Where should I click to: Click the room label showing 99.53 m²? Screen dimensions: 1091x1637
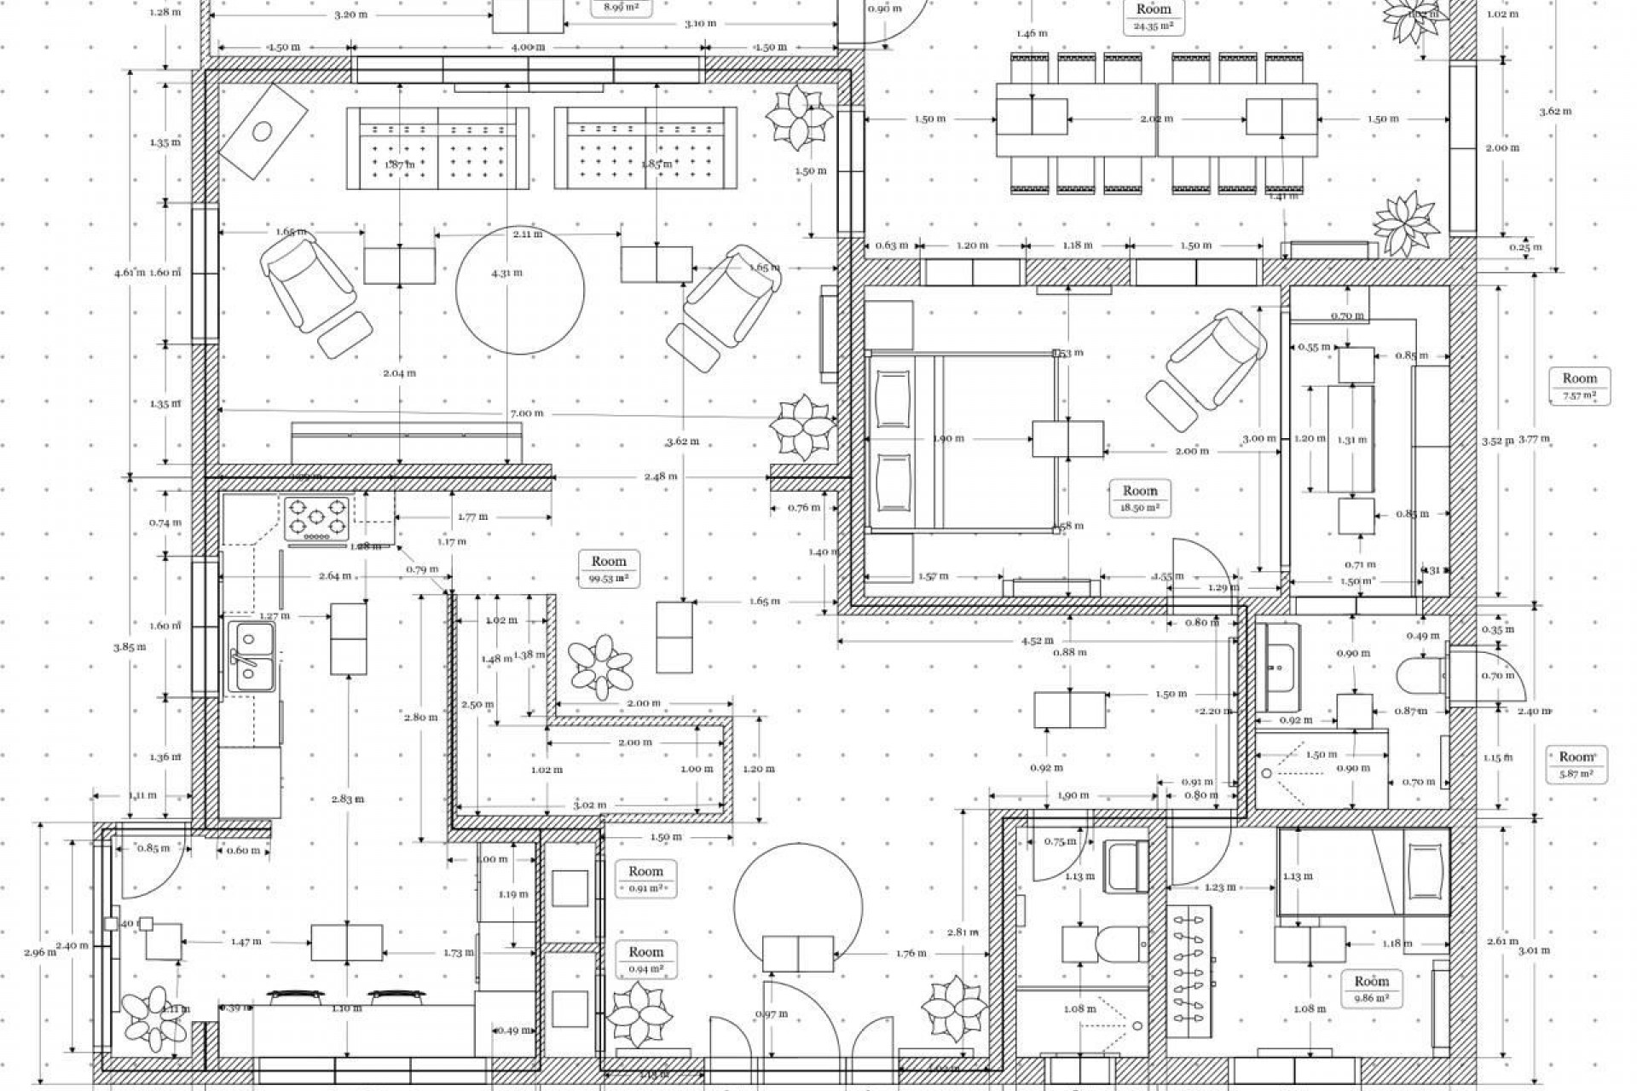point(609,569)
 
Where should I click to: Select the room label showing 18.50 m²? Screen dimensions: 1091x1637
point(1140,498)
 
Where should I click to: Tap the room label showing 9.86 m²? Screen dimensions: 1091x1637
point(1371,989)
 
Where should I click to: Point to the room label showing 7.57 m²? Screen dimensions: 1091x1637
point(1579,385)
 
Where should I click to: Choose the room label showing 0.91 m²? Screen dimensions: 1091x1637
point(645,879)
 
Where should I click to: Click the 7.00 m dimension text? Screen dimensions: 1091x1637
point(526,413)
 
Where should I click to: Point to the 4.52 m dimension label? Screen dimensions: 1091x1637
point(1037,641)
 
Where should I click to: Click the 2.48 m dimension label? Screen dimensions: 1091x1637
point(661,476)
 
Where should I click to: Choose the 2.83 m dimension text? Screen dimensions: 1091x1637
point(348,799)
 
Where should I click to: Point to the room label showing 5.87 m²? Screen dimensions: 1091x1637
point(1576,764)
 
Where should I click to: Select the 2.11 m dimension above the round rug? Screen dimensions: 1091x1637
point(527,234)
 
